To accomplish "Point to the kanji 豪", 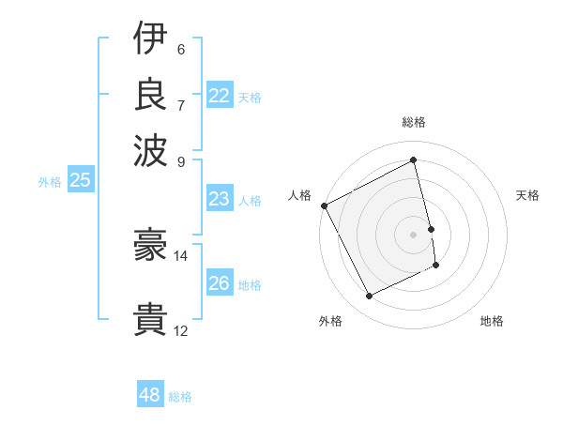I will (150, 245).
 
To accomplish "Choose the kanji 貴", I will (150, 320).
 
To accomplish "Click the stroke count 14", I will (181, 255).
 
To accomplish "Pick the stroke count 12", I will (181, 330).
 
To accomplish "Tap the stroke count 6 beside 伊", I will (181, 49).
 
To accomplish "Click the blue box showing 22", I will (220, 96).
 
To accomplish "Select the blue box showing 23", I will (220, 199).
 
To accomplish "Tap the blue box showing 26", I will (220, 283).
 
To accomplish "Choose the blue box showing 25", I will (80, 181).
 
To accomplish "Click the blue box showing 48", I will (150, 395).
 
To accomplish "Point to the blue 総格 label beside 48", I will (180, 397).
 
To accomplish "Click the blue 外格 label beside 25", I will (50, 182).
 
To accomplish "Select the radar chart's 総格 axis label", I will (414, 123).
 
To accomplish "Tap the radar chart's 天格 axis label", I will (527, 195).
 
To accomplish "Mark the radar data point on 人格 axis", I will (325, 205).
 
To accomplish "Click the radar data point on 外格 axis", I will (369, 297).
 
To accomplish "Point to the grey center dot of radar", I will (414, 235).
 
